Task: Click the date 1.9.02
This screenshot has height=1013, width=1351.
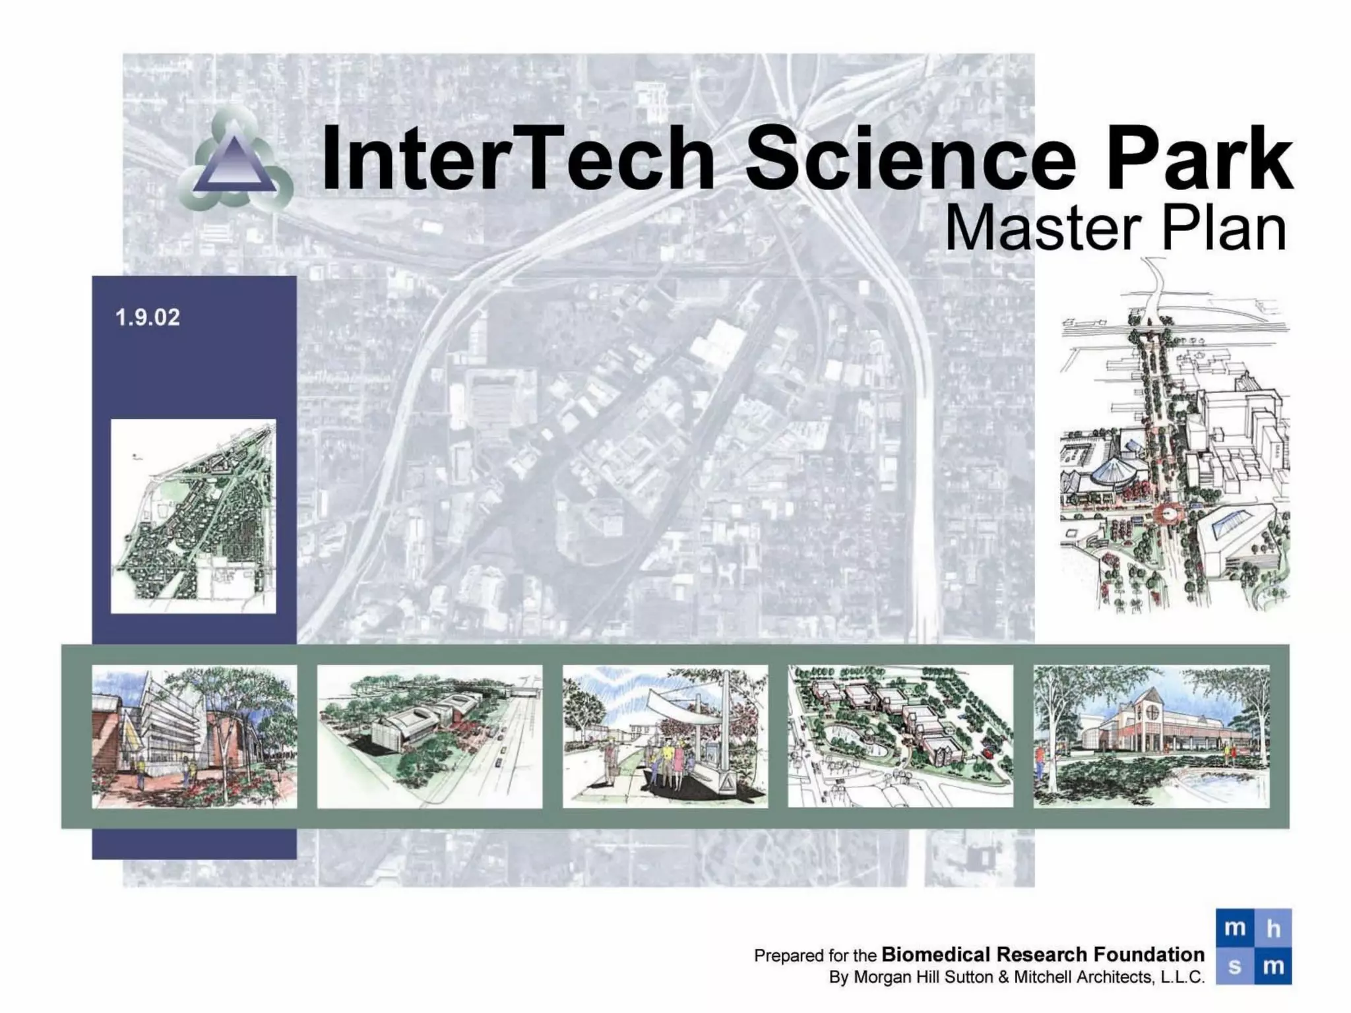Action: click(147, 318)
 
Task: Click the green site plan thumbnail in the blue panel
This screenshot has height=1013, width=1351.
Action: click(193, 516)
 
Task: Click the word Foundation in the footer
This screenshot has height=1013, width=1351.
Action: click(1148, 954)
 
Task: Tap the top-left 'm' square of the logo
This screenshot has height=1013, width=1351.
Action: click(1234, 928)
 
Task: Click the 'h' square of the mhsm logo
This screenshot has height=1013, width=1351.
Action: click(1273, 928)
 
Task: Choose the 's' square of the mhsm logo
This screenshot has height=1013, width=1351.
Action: click(1234, 966)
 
